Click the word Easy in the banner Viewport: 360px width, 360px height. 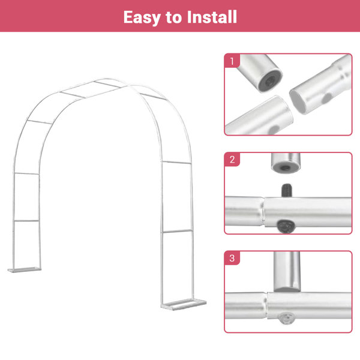[143, 17]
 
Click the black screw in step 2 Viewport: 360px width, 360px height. [286, 190]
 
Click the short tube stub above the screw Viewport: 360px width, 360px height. [285, 163]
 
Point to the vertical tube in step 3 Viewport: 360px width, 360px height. [286, 270]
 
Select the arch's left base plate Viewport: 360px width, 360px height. [23, 270]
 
